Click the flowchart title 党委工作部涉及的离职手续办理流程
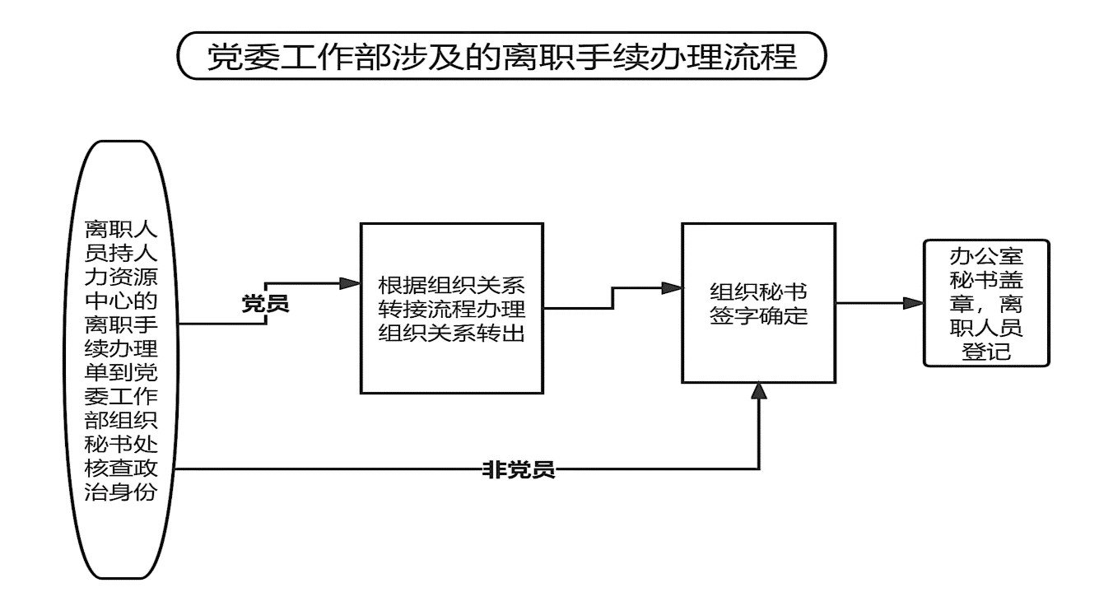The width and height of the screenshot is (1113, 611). [x=501, y=56]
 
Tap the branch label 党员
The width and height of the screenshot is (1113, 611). [x=265, y=303]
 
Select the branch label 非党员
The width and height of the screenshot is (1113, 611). [x=519, y=469]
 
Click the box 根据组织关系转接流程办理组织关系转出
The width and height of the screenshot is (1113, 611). [x=452, y=308]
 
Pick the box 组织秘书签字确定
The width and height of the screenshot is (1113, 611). [x=758, y=303]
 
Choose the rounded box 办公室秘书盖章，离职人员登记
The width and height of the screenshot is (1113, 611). [x=986, y=303]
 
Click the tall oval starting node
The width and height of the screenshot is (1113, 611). [x=121, y=360]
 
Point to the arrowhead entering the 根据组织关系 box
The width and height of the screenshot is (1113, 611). [x=350, y=283]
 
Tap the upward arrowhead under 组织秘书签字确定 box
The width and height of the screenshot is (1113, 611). [x=759, y=391]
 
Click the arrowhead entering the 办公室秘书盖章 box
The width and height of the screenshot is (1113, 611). [x=913, y=303]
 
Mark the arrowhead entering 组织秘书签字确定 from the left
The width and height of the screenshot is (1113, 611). [x=672, y=288]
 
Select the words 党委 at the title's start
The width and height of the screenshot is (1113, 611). [x=243, y=56]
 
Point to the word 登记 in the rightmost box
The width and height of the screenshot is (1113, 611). [x=986, y=352]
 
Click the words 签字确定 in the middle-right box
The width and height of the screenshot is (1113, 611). [x=759, y=315]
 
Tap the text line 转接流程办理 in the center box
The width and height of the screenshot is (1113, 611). [x=452, y=309]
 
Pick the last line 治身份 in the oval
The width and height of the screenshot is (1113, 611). [x=121, y=492]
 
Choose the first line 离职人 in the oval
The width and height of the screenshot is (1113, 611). [x=121, y=229]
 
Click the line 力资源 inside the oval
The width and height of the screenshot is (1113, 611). [x=121, y=277]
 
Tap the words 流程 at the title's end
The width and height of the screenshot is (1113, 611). [x=761, y=56]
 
